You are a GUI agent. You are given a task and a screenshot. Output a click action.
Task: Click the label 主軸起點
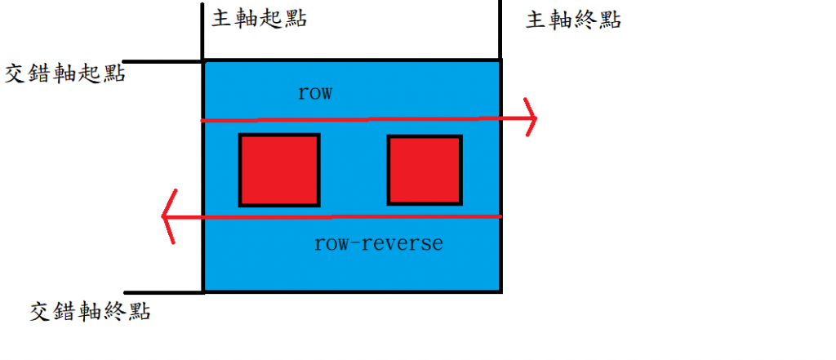259,19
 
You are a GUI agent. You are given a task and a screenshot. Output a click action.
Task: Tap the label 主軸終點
573,20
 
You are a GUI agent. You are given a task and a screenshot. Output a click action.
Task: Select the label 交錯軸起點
65,73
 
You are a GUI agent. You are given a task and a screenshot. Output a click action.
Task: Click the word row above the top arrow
315,92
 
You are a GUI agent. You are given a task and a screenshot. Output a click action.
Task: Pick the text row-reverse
378,243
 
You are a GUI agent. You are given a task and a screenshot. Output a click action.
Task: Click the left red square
279,170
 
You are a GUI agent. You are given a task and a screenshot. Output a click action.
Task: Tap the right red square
425,170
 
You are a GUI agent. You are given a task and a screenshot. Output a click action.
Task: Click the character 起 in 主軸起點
271,19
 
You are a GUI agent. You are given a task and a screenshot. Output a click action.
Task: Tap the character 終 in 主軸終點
585,20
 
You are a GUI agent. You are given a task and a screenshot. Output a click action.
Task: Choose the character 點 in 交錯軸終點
139,311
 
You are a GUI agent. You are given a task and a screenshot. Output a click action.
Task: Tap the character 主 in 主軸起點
222,19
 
